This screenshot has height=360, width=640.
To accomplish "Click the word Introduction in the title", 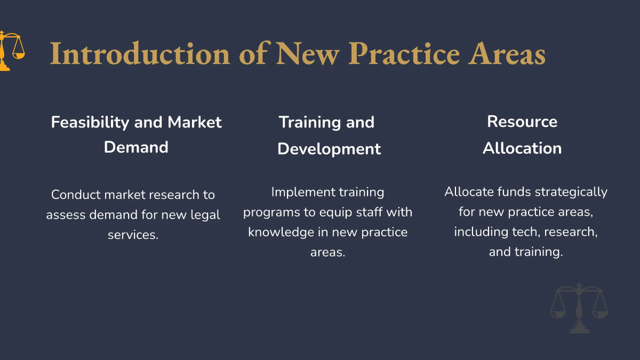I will click(140, 54).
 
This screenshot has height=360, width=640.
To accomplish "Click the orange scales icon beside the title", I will click(11, 51).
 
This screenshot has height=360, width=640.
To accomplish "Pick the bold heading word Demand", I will click(136, 147).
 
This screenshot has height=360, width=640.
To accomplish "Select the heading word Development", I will click(329, 149).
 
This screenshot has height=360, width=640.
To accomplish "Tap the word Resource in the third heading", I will click(522, 122).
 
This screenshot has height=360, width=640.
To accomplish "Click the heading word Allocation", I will click(522, 148).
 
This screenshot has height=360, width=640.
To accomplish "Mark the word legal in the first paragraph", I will click(205, 215).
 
